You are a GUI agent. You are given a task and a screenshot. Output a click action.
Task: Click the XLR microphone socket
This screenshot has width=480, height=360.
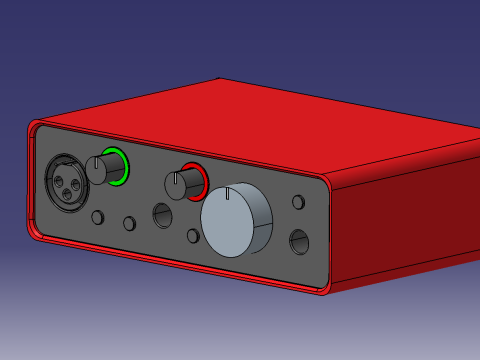[63, 181]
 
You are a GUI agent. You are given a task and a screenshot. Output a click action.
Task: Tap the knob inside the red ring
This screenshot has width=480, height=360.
[178, 185]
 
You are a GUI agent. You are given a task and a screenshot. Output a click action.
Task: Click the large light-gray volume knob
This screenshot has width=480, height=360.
[236, 220]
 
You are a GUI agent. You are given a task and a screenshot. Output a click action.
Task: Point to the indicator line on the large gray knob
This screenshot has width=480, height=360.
[230, 193]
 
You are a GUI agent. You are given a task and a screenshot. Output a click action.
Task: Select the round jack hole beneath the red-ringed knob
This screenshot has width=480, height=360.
[162, 214]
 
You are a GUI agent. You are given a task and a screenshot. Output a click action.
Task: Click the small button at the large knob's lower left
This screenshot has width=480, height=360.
[193, 236]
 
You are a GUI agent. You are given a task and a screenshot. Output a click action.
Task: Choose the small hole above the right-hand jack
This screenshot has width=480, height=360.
[298, 202]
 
